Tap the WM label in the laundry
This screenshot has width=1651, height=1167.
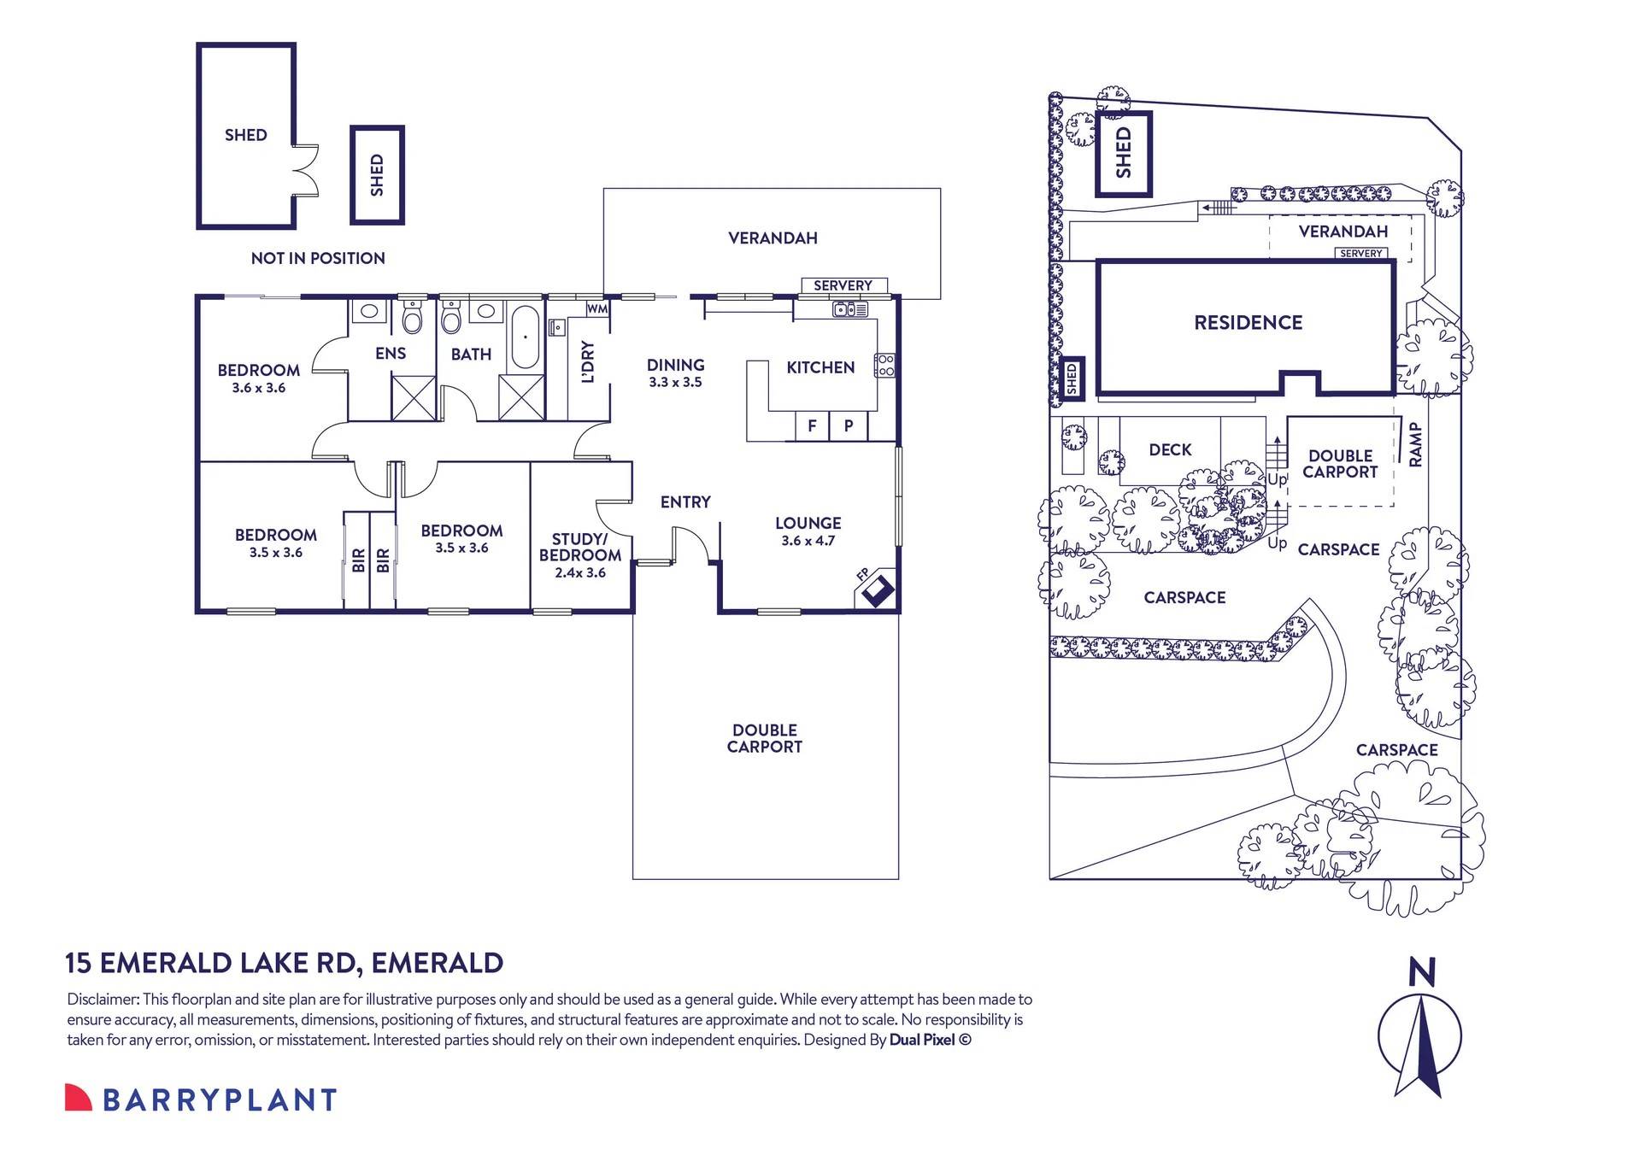(x=596, y=308)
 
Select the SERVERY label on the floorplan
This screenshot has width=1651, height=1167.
(x=843, y=285)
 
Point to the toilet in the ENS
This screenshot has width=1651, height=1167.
(x=413, y=319)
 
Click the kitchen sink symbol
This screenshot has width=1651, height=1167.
(x=850, y=309)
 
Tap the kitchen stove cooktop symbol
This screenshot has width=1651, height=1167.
(x=885, y=366)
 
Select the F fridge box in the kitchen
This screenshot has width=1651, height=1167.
(x=812, y=425)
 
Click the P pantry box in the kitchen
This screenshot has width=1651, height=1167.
(x=849, y=425)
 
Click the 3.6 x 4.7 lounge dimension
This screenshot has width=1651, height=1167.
(x=808, y=541)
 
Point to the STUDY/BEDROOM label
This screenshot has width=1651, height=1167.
(x=580, y=547)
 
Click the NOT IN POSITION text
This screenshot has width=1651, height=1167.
(x=318, y=258)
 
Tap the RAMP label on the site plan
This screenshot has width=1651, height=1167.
(x=1415, y=444)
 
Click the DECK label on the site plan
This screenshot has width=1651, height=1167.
(x=1170, y=450)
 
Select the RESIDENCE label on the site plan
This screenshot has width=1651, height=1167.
(x=1248, y=323)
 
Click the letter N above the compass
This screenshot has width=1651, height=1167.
(x=1421, y=972)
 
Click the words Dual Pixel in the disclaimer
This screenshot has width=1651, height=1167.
(x=922, y=1040)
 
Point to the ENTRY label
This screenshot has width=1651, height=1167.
(x=685, y=502)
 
